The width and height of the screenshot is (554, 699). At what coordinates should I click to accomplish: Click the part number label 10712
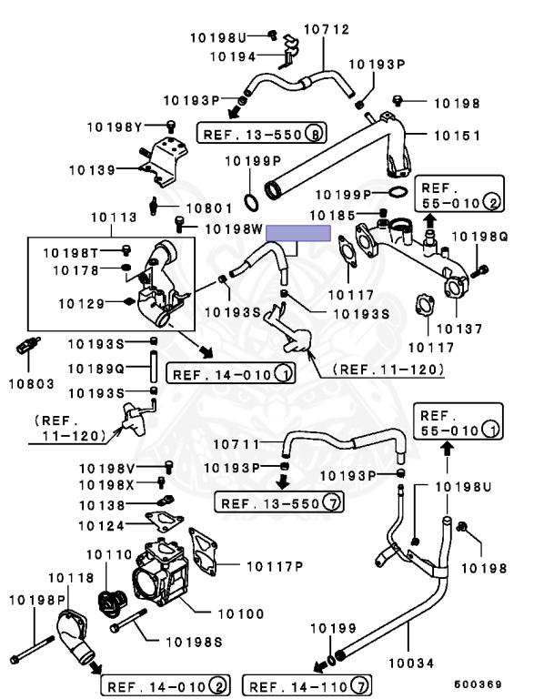tap(327, 29)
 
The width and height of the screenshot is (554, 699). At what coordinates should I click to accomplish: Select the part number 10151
tap(458, 136)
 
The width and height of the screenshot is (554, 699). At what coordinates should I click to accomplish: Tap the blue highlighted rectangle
tap(298, 233)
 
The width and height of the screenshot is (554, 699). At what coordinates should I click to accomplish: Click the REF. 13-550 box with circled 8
tap(262, 133)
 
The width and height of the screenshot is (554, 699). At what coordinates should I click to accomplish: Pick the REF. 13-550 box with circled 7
tap(279, 502)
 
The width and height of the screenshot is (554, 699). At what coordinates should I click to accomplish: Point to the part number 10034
tap(411, 664)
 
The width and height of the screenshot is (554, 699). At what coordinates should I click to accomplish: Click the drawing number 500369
tap(478, 684)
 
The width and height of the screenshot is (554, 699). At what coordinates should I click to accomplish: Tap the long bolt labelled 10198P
tap(32, 651)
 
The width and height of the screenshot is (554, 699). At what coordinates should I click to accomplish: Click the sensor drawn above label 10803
tap(28, 346)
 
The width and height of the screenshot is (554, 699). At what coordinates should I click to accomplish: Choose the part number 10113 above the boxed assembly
tap(114, 218)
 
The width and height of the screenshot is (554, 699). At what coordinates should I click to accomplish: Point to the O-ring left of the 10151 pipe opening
tap(251, 202)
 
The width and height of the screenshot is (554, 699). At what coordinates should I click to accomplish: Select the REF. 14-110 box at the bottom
tap(307, 685)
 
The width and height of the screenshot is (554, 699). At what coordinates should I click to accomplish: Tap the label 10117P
tap(275, 567)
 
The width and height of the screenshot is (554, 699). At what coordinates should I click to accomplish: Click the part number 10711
tap(237, 444)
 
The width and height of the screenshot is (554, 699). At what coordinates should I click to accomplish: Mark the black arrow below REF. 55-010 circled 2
tap(429, 220)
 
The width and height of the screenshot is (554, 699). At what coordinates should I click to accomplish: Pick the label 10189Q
tap(96, 370)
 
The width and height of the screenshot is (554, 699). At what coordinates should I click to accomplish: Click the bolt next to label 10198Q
tap(479, 270)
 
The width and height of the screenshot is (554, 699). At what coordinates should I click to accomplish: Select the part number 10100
tap(241, 613)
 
